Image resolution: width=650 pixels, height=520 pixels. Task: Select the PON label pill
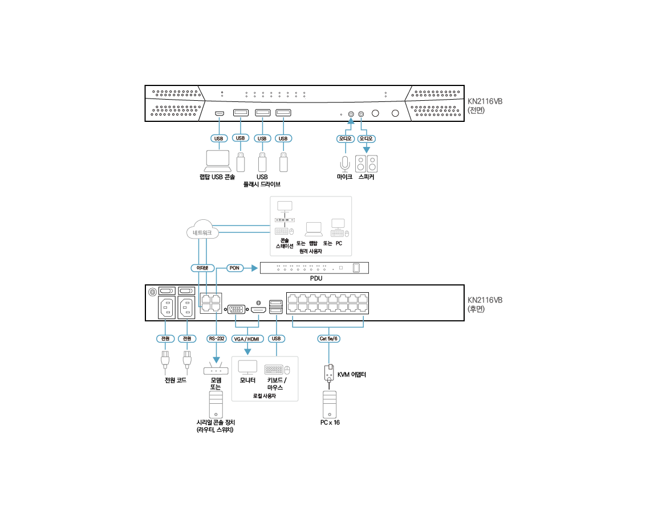234,268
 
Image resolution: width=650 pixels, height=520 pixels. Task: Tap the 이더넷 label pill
202,268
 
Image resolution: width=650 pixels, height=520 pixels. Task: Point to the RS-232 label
217,338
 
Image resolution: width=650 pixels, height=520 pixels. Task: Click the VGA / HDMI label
247,338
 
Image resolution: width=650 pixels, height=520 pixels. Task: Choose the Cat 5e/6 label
328,338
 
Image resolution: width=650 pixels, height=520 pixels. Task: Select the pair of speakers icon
367,164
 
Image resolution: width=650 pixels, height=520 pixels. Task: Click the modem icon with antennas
216,370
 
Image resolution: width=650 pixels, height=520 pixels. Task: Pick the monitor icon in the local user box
247,367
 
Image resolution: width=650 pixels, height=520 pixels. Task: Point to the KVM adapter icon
328,374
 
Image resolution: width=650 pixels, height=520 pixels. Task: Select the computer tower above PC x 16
330,404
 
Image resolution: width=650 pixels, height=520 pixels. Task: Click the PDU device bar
314,268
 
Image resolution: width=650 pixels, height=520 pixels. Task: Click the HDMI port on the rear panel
259,309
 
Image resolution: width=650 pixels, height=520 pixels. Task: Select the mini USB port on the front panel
218,113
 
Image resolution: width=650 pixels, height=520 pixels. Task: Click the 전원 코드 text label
175,380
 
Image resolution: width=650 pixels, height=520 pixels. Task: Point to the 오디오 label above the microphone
345,138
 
